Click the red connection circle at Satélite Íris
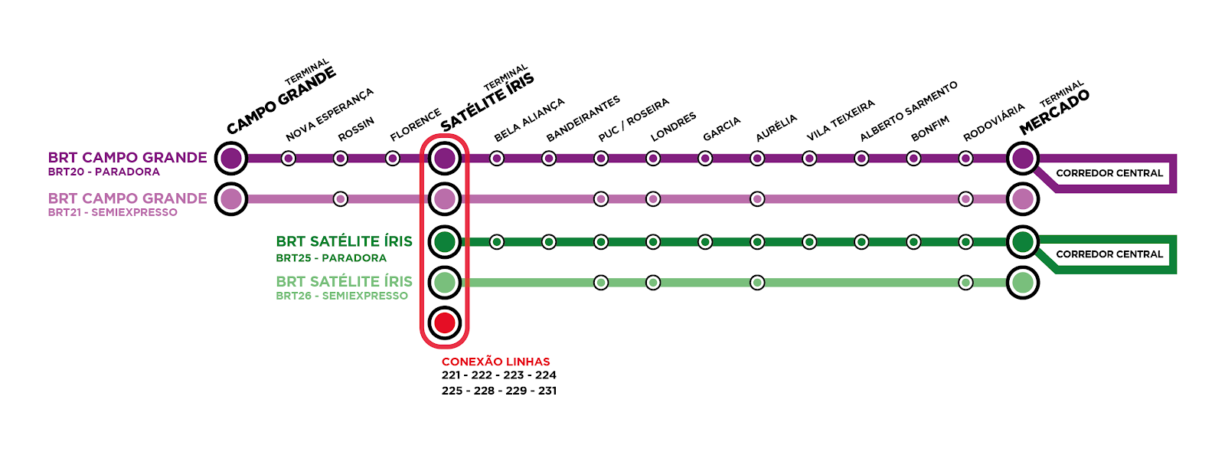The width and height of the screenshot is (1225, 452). point(445,323)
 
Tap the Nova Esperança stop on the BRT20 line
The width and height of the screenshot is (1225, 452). point(289,159)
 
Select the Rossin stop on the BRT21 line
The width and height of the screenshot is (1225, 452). point(341,199)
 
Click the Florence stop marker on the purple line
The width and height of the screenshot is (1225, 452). point(393,159)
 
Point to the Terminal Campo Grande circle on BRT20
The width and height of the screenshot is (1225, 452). point(231,159)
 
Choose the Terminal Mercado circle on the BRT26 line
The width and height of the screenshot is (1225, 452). point(1023,283)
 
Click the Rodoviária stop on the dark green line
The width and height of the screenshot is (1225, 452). point(966,242)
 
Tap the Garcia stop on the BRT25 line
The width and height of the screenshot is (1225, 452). point(705,242)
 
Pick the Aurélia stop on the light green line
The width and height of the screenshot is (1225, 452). point(757,283)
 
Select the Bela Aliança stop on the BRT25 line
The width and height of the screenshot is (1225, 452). point(497,242)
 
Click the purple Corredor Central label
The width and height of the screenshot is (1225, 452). point(1109,173)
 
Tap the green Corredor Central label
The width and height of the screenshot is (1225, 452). point(1109,254)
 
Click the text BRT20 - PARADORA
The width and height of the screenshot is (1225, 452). point(104,172)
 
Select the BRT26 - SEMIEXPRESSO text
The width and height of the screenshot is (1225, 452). point(342,296)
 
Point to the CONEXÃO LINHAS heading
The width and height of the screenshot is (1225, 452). point(496,362)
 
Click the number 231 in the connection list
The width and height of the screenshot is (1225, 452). point(547,391)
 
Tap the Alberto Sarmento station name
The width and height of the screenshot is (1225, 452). point(908,112)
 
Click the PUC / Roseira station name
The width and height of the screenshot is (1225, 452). point(634,120)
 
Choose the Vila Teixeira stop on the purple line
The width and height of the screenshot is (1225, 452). point(809,159)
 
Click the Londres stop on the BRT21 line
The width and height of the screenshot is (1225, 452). point(653,199)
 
